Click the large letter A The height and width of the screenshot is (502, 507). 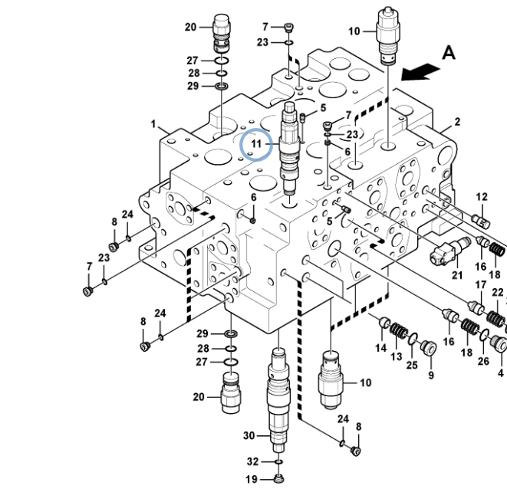point(449,53)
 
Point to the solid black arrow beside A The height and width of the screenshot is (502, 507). point(420,71)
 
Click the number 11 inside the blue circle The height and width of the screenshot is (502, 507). point(256,144)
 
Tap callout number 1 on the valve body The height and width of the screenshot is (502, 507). point(153,124)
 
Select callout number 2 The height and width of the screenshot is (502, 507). point(458,121)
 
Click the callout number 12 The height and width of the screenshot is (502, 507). point(482,197)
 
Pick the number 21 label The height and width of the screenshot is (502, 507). point(457,275)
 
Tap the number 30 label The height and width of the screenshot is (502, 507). point(249,436)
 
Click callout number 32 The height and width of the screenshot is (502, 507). point(252,461)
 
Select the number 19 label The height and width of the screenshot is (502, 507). point(252,480)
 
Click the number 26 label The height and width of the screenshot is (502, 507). point(483,361)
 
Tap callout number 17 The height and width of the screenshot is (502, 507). point(481,285)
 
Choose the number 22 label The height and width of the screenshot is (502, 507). point(497,293)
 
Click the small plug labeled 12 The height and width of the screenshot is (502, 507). point(484,221)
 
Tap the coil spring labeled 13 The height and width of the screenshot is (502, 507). point(399,332)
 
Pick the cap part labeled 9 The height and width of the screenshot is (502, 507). point(429,349)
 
